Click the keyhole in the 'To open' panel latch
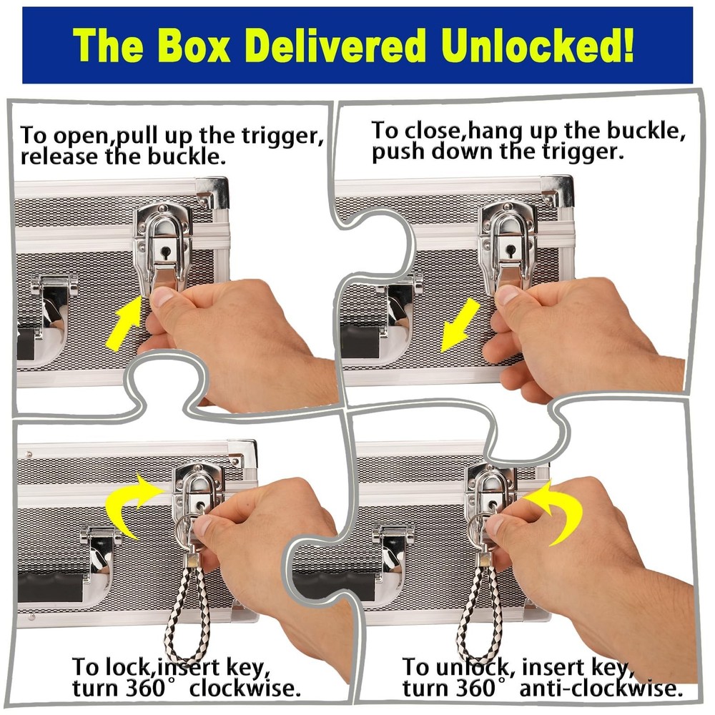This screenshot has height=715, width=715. [x=166, y=252]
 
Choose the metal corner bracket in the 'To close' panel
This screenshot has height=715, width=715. [x=557, y=189]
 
